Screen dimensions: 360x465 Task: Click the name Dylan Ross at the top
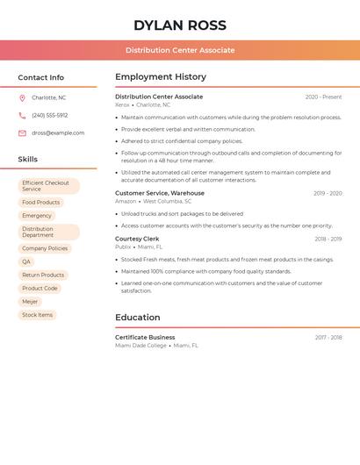180,25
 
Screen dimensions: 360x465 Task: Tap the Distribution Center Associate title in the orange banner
180,50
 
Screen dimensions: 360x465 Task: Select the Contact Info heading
41,77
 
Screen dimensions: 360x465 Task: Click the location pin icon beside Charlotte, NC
22,97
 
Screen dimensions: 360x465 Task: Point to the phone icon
22,115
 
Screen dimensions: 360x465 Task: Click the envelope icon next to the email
22,133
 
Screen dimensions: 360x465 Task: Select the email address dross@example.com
58,133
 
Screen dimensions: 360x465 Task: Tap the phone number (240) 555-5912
50,115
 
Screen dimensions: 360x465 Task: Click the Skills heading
28,159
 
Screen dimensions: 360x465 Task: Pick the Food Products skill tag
41,203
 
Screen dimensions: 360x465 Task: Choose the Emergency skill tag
37,216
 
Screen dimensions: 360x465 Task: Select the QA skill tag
26,261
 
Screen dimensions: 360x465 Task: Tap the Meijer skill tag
31,301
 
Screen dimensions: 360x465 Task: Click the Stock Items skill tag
38,314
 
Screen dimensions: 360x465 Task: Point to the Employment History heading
161,77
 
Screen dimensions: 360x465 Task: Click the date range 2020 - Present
323,97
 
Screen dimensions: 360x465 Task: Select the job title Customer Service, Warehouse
160,193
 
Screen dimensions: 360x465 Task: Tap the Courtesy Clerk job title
137,239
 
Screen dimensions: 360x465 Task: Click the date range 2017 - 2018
328,338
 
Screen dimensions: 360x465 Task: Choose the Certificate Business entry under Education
145,338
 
